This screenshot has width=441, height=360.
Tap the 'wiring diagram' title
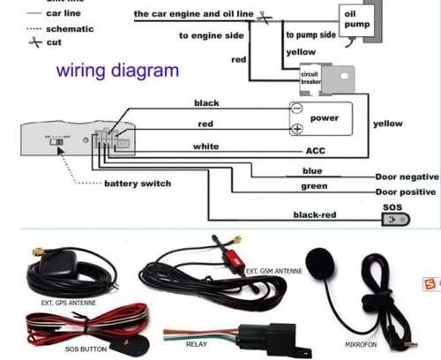118,70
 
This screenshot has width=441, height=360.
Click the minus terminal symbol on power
297,111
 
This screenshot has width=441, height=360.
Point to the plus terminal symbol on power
297,129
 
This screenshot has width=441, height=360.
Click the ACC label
315,151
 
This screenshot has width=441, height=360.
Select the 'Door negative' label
406,176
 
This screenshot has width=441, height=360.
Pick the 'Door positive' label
406,191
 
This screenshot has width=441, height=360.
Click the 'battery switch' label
138,184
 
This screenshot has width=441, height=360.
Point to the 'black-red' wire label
314,214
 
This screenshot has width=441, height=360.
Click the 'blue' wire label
312,170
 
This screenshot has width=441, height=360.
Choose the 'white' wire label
206,145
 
